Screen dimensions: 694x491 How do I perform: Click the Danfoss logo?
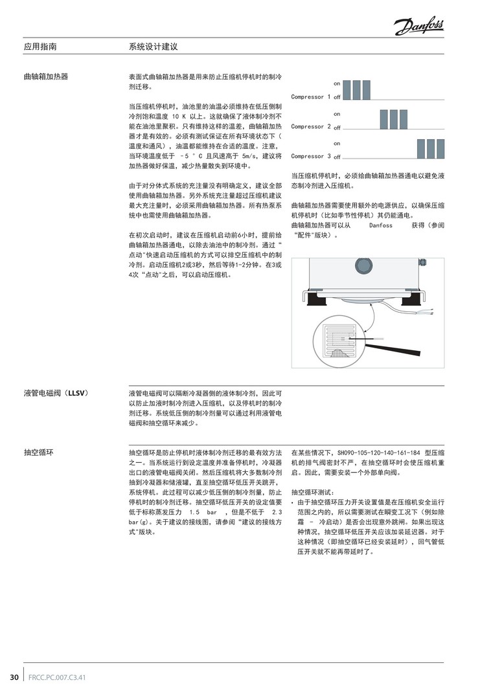point(418,27)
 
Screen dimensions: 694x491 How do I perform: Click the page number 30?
point(14,677)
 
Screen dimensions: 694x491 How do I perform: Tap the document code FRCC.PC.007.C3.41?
point(57,677)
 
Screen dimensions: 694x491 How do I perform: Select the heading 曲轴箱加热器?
point(46,76)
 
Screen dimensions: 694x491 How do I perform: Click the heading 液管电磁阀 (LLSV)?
point(56,393)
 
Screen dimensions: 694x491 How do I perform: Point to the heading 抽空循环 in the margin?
point(38,453)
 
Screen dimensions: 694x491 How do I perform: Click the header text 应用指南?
point(40,47)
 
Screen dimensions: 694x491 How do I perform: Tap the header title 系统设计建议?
point(154,47)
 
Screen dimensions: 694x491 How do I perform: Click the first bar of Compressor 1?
point(347,89)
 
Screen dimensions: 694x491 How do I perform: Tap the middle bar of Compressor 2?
point(394,119)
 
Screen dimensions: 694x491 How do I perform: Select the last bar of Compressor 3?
point(440,149)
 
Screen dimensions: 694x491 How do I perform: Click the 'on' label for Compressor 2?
point(337,114)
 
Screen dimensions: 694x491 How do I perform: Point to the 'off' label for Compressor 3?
point(337,157)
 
